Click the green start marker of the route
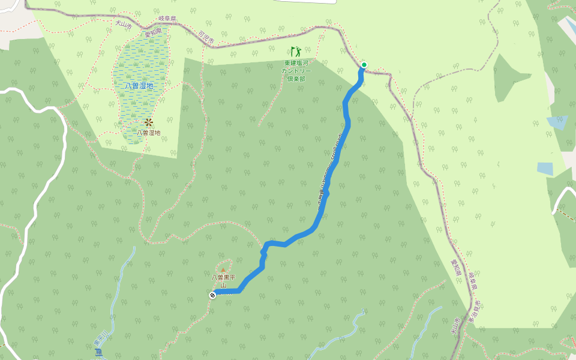pyautogui.click(x=364, y=65)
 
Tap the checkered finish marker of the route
pyautogui.click(x=212, y=295)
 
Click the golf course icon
pyautogui.click(x=295, y=52)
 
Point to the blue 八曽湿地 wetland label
pyautogui.click(x=139, y=86)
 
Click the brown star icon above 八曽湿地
pyautogui.click(x=148, y=122)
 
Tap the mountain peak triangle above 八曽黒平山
pyautogui.click(x=223, y=271)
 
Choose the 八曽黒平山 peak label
pyautogui.click(x=223, y=281)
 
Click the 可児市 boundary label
pyautogui.click(x=206, y=37)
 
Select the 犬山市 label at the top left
pyautogui.click(x=123, y=23)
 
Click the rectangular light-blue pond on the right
pyautogui.click(x=545, y=169)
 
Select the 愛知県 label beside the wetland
pyautogui.click(x=152, y=32)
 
